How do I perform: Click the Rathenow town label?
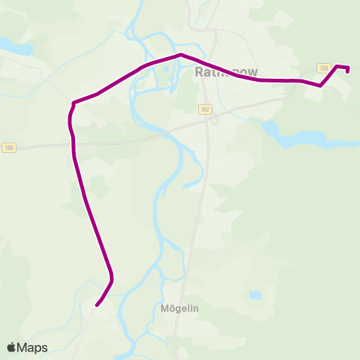click(226, 73)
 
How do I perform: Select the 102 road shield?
click(205, 109)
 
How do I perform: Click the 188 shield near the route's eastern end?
click(324, 68)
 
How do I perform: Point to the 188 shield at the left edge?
click(8, 147)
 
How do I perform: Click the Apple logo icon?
click(11, 347)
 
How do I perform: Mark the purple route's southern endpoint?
click(97, 304)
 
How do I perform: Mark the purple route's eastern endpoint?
click(348, 72)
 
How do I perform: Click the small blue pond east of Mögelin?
click(256, 295)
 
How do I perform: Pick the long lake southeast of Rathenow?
click(300, 139)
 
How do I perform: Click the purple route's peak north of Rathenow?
click(180, 55)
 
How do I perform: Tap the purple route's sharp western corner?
click(73, 103)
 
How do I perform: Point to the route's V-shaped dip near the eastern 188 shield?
click(320, 85)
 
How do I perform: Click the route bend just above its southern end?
click(112, 280)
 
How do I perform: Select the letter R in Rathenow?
click(199, 73)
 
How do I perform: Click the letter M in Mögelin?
click(165, 307)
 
